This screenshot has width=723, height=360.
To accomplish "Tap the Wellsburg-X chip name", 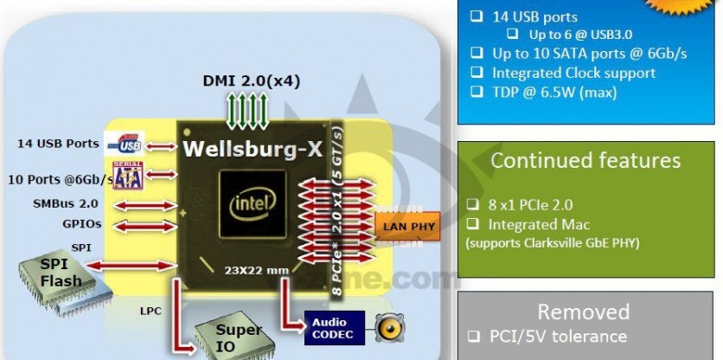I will [x=252, y=149].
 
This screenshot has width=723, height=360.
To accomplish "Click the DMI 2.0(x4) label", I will [x=252, y=81].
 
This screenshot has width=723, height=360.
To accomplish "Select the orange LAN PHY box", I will [x=406, y=227].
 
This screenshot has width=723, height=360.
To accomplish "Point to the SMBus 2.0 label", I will [x=65, y=204].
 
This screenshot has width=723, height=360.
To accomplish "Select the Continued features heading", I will [x=585, y=161].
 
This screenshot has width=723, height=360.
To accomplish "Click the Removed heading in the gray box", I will [x=585, y=312].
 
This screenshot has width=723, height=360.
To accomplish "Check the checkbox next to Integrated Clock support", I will [x=476, y=73].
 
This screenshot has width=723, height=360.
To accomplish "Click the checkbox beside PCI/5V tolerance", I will [x=473, y=337].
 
